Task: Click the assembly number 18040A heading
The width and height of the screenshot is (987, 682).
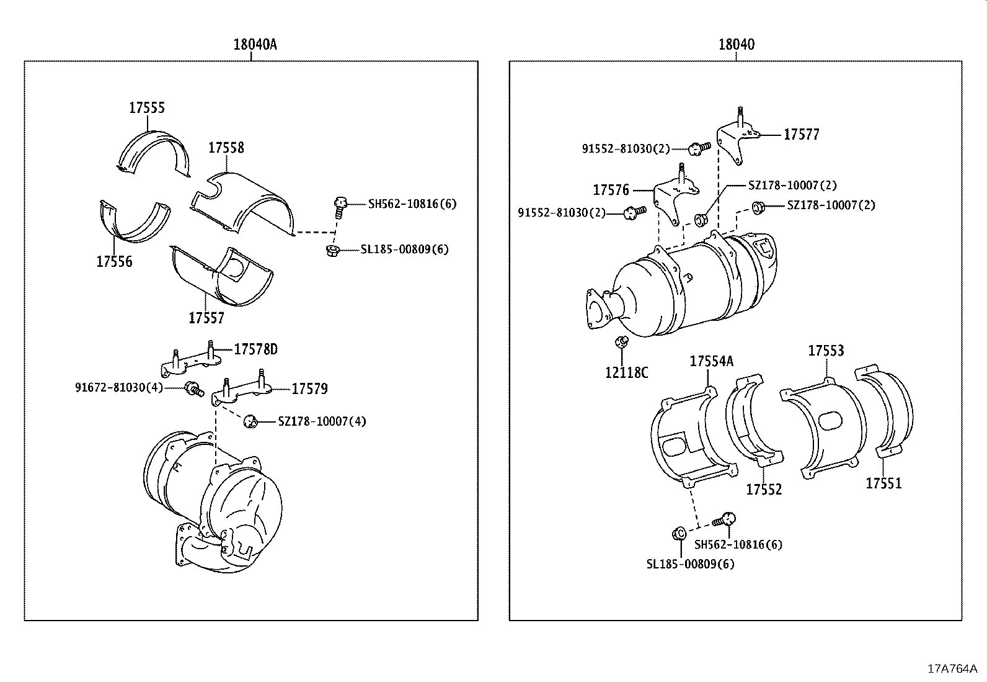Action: [x=255, y=44]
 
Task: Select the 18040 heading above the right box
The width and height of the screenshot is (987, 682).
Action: [x=737, y=44]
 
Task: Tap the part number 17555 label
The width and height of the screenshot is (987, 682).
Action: [x=147, y=107]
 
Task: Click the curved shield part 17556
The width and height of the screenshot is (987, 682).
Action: [x=133, y=220]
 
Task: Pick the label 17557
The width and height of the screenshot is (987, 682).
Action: [x=206, y=318]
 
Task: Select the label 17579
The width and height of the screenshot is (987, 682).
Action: [x=309, y=389]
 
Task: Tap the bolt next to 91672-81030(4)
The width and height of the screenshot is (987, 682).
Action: [x=195, y=390]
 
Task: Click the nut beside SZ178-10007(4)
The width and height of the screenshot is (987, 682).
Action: [x=250, y=421]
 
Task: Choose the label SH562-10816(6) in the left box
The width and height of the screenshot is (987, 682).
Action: [x=412, y=204]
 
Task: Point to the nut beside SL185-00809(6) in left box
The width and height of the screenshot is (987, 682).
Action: [x=332, y=250]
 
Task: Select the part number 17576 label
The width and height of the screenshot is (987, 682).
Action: [x=611, y=190]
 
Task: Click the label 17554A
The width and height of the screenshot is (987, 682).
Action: [x=711, y=361]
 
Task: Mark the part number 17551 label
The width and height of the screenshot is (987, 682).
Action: [x=883, y=483]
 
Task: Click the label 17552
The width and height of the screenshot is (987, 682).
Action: [x=764, y=489]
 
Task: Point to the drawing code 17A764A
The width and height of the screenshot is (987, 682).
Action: [x=952, y=668]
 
